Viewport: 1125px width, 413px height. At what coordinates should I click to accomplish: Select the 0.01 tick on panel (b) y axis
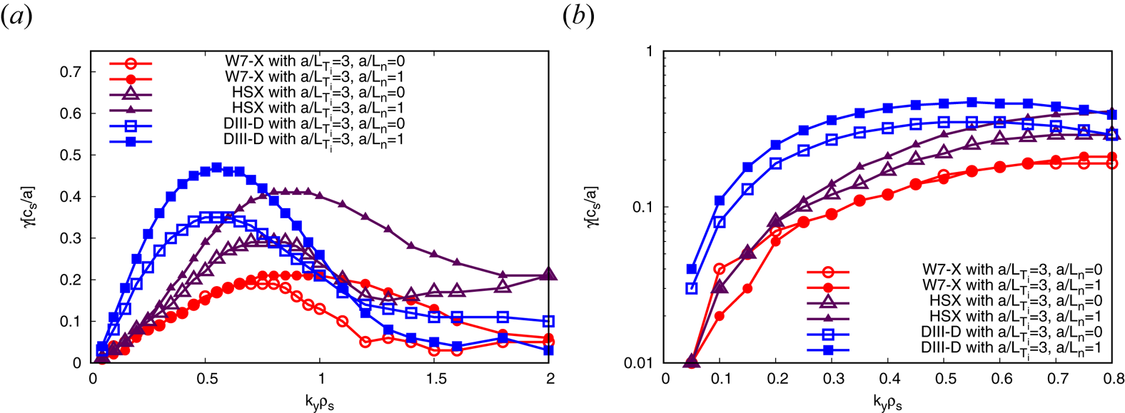639,363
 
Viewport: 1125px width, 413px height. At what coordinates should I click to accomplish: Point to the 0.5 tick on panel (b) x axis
945,377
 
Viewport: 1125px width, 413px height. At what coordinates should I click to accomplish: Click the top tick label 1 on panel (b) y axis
649,51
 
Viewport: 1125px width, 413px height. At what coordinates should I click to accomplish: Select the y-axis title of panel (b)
592,207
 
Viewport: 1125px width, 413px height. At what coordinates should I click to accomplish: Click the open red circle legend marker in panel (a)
131,62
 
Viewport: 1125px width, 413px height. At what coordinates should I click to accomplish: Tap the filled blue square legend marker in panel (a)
131,141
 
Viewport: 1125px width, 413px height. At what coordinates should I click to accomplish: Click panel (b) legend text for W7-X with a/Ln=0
1012,270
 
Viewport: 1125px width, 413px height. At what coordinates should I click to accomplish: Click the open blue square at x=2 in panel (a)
548,322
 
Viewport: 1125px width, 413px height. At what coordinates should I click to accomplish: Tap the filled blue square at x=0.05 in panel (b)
691,269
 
